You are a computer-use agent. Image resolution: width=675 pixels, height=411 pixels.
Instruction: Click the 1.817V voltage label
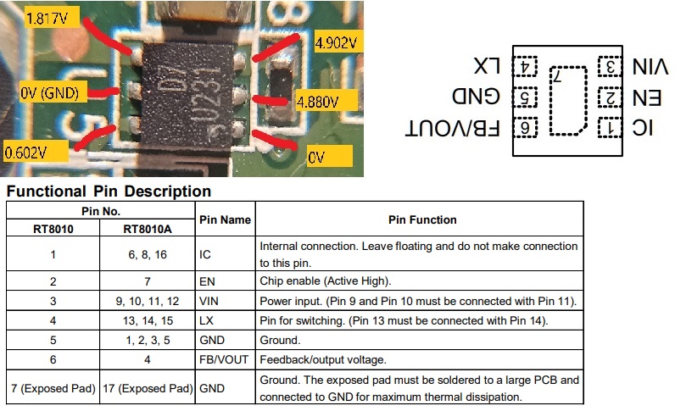pyautogui.click(x=52, y=18)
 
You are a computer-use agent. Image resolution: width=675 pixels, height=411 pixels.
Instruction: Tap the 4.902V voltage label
pyautogui.click(x=338, y=42)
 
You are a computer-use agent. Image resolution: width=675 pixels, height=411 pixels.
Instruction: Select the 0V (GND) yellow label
pyautogui.click(x=53, y=92)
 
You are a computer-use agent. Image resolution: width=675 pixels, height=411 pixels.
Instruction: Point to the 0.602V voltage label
pyautogui.click(x=35, y=152)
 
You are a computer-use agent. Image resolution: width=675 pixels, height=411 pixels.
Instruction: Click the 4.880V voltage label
pyautogui.click(x=326, y=101)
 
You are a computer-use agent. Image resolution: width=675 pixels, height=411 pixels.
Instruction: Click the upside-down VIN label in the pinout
pyautogui.click(x=650, y=67)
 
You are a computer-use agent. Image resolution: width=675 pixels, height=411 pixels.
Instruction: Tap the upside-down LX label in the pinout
pyautogui.click(x=487, y=66)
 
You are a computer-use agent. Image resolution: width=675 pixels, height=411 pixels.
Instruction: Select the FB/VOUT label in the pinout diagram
pyautogui.click(x=453, y=128)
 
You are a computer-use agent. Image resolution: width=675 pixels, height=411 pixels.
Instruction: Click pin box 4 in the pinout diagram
pyautogui.click(x=525, y=67)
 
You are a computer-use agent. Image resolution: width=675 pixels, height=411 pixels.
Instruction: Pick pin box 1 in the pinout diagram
pyautogui.click(x=610, y=128)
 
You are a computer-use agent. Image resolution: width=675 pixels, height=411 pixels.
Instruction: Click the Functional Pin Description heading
pyautogui.click(x=109, y=191)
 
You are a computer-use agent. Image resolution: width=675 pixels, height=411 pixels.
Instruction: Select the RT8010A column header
pyautogui.click(x=148, y=229)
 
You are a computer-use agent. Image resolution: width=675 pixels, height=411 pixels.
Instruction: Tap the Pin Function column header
pyautogui.click(x=422, y=219)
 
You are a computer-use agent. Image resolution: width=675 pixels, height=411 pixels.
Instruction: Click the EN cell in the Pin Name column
pyautogui.click(x=207, y=281)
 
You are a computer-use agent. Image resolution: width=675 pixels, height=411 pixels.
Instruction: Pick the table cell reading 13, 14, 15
pyautogui.click(x=148, y=320)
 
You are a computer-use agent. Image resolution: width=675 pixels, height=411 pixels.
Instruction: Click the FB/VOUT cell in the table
pyautogui.click(x=224, y=360)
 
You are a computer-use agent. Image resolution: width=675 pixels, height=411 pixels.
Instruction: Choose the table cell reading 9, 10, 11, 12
pyautogui.click(x=148, y=301)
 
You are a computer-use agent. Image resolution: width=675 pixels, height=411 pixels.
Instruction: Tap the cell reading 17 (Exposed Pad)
pyautogui.click(x=148, y=388)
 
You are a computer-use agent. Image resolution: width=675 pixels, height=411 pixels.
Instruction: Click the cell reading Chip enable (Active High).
pyautogui.click(x=326, y=281)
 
